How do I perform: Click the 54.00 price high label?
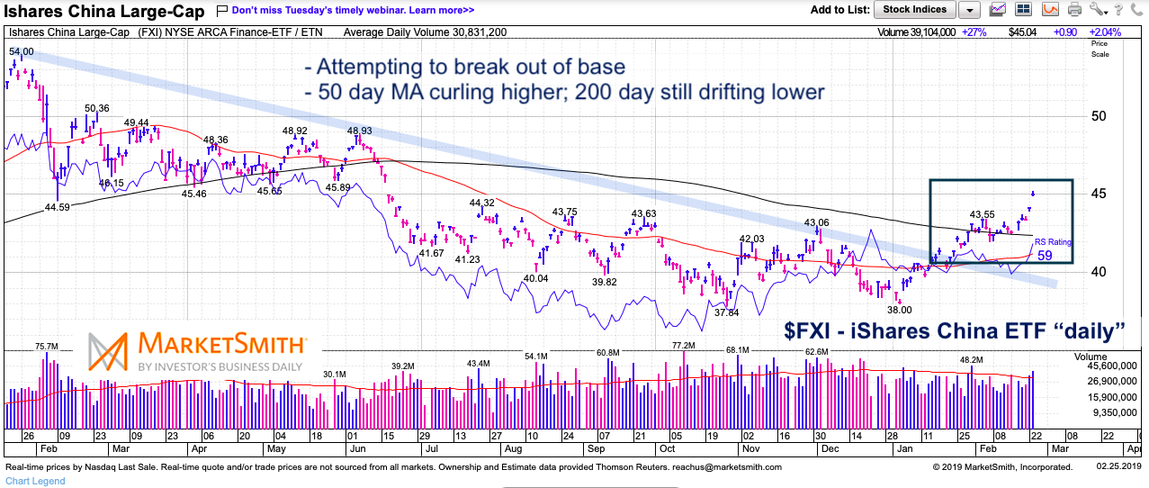click(21, 52)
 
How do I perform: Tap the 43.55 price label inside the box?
click(983, 214)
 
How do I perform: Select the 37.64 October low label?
click(726, 312)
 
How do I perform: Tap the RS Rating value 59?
click(1045, 256)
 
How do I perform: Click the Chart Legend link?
click(35, 481)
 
